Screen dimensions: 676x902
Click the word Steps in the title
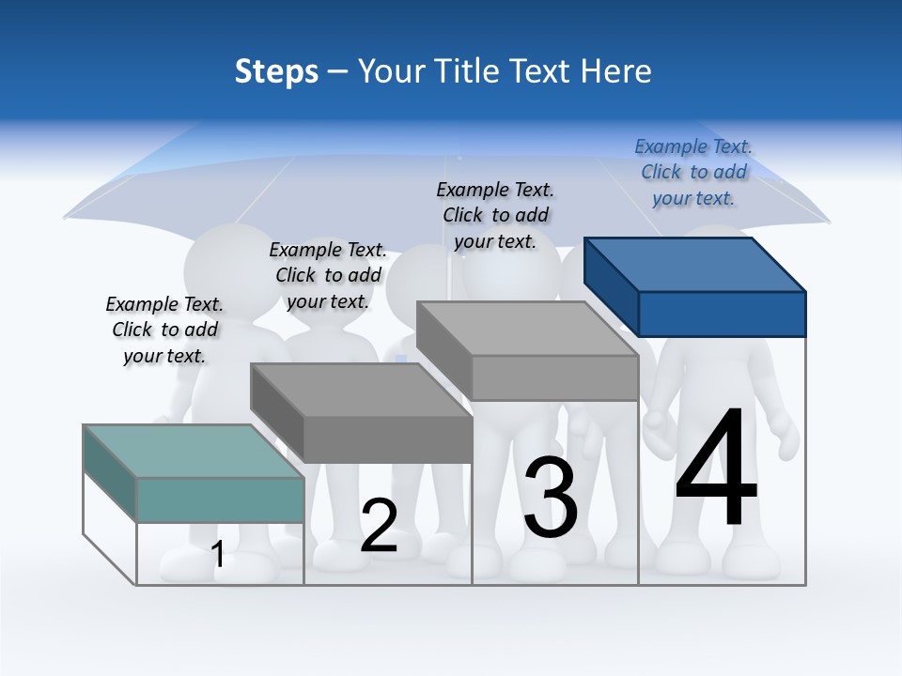click(276, 71)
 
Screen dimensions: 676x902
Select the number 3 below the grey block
click(551, 497)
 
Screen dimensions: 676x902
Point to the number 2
click(379, 526)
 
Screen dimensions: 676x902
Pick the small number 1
click(218, 554)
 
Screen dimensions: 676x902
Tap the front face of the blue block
click(722, 314)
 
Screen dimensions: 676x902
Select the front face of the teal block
click(220, 499)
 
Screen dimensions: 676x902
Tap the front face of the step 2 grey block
click(387, 439)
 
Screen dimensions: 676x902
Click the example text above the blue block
click(693, 172)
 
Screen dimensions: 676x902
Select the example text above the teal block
click(164, 330)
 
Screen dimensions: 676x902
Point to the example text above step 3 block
click(495, 215)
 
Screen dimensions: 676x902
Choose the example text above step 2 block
click(328, 275)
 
